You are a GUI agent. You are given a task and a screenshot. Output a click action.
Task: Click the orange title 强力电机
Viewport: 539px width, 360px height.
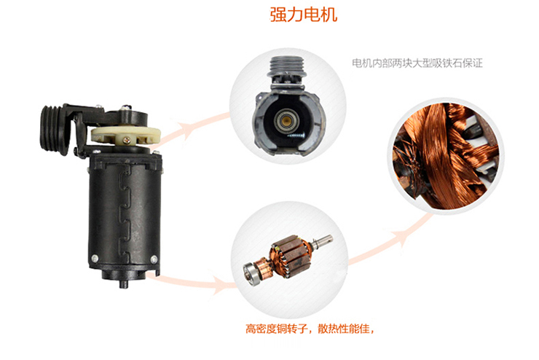pos(303,15)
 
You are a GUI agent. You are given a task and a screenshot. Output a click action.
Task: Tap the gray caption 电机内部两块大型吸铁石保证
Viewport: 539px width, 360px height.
pos(417,63)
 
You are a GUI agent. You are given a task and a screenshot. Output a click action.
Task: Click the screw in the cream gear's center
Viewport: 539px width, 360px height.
pos(127,141)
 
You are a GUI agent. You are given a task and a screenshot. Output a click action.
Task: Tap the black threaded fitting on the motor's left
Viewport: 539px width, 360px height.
pos(55,129)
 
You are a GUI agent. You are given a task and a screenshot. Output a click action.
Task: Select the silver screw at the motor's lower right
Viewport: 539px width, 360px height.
pos(154,259)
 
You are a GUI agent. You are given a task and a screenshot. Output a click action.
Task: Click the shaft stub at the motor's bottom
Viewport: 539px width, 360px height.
pos(124,283)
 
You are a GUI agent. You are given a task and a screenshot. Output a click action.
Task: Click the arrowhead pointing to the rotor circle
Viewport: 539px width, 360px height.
pos(220,284)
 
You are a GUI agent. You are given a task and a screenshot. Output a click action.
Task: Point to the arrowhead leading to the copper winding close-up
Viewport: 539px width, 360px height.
pos(401,237)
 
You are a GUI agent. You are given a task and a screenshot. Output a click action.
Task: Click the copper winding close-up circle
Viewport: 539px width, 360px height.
pos(446,156)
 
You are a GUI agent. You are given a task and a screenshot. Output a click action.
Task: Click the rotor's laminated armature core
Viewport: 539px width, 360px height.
pos(291,254)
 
